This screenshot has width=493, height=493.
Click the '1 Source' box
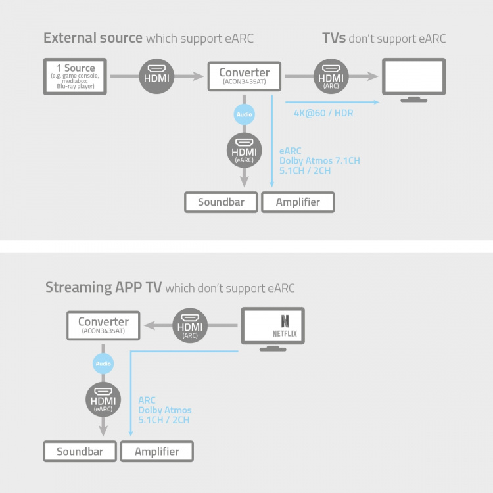pos(76,76)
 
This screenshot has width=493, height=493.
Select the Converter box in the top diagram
pos(245,76)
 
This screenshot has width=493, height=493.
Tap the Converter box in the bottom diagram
pos(103,325)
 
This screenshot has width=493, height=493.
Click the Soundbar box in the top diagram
pos(221,202)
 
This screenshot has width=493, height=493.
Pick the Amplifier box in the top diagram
pos(298,202)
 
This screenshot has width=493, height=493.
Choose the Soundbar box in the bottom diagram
pos(80,452)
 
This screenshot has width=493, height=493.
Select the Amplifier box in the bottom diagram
pos(156,452)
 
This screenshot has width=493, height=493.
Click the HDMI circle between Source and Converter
pos(156,76)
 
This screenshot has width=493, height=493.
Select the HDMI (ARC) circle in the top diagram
pos(331,76)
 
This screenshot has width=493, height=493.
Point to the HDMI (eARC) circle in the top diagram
pos(244,150)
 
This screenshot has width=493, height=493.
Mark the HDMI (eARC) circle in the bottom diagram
pos(103,399)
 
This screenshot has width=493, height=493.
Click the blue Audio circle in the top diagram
pos(244,114)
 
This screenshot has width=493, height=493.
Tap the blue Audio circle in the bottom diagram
pos(103,364)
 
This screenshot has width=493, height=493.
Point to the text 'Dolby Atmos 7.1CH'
pos(319,160)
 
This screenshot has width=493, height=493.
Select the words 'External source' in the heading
pos(93,37)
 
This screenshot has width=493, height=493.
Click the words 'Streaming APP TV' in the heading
pos(103,287)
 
